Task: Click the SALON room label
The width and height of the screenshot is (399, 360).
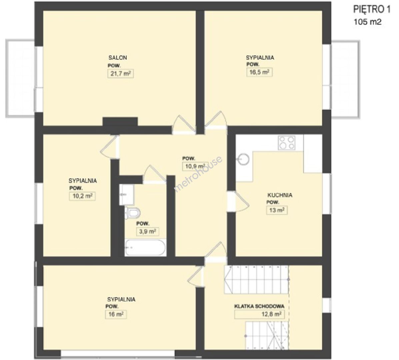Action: [x=118, y=57]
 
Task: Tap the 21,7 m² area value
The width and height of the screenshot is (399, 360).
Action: [x=121, y=74]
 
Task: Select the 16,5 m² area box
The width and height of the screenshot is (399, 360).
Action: [x=259, y=72]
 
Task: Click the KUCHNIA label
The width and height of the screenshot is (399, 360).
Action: [x=280, y=195]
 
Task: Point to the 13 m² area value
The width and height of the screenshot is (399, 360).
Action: [x=277, y=210]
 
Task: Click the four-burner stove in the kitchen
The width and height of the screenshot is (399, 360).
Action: [x=287, y=142]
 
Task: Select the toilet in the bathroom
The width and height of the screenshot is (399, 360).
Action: [x=132, y=213]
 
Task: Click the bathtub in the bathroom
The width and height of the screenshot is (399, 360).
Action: [x=145, y=248]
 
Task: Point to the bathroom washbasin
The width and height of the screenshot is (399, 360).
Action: [x=126, y=195]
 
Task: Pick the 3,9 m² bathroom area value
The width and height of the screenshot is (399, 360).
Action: [x=148, y=232]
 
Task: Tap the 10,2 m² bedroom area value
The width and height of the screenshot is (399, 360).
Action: [x=82, y=196]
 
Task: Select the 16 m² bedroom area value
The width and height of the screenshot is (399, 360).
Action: [x=116, y=314]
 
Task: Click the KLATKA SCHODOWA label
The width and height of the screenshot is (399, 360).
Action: [x=259, y=306]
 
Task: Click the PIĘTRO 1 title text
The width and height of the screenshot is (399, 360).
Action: [x=372, y=10]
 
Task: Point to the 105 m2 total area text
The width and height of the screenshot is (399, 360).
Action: [x=368, y=22]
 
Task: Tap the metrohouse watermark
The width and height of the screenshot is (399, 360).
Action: [x=198, y=174]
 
